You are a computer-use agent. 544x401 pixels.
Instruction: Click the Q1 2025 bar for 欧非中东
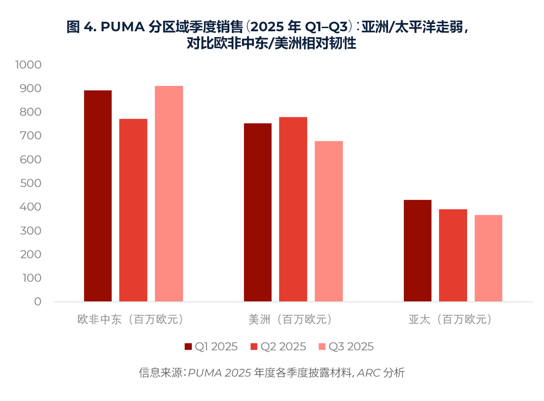tap(98, 196)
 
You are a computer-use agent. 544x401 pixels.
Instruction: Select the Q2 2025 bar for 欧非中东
tap(133, 210)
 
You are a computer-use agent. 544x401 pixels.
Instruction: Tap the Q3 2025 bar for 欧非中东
tap(169, 193)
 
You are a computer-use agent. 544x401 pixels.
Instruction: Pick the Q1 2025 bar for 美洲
tap(257, 212)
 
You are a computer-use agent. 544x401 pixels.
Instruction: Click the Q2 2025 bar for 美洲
tap(293, 209)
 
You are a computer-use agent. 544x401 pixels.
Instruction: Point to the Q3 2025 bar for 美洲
tap(329, 221)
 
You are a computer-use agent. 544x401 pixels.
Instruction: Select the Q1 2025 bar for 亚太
tap(418, 251)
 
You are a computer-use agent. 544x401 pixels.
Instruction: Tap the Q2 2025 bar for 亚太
tap(453, 255)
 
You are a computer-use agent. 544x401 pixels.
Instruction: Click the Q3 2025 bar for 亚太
tap(488, 258)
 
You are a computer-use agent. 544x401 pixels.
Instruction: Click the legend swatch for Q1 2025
tap(188, 347)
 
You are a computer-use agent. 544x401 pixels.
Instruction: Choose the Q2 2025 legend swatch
tap(254, 347)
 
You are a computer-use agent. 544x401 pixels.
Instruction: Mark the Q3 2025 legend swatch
tap(322, 347)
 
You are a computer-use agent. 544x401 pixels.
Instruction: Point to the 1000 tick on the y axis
tap(28, 65)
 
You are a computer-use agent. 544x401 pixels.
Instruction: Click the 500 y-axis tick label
tap(31, 183)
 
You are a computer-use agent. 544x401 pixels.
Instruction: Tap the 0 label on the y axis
tap(37, 301)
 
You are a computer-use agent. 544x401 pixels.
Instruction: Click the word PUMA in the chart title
tap(121, 27)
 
